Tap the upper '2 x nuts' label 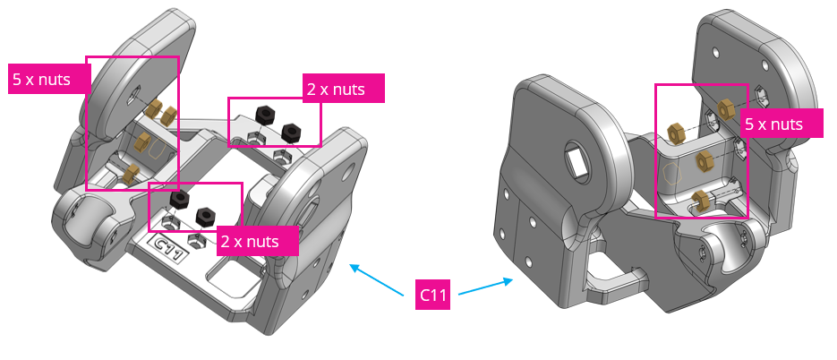pyautogui.click(x=345, y=88)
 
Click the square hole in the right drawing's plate pyautogui.click(x=573, y=161)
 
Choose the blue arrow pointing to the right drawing pyautogui.click(x=488, y=285)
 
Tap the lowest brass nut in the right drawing pyautogui.click(x=703, y=199)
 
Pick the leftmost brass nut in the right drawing pyautogui.click(x=676, y=132)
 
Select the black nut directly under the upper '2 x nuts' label pyautogui.click(x=265, y=114)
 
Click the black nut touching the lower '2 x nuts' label pyautogui.click(x=204, y=216)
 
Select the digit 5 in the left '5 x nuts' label pyautogui.click(x=17, y=78)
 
